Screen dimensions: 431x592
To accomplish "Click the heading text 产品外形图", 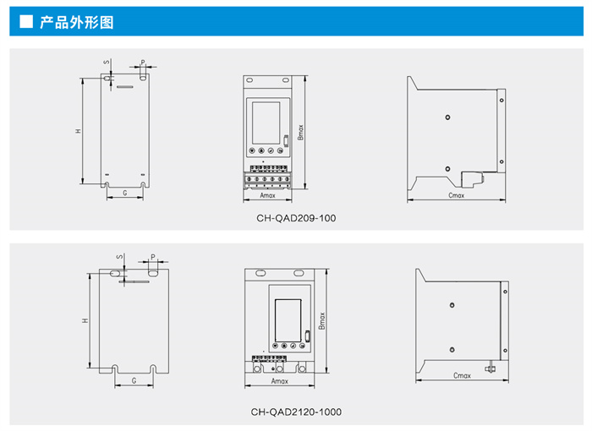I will coord(77,22).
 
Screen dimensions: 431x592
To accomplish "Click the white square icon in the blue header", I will coord(25,22).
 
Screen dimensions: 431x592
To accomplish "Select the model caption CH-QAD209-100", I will coord(296,218).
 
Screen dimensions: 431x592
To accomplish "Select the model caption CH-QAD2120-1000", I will coord(296,412).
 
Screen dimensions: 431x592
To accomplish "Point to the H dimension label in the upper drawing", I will coord(77,131).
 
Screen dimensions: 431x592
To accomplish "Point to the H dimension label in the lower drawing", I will coord(85,320).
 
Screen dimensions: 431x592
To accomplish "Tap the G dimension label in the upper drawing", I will coord(124,194).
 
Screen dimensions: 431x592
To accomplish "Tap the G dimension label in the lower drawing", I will coord(134,382).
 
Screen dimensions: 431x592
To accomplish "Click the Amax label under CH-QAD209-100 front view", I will coord(267,195).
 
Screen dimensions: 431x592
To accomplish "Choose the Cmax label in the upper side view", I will coord(456,195).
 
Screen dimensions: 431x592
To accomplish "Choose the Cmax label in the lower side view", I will coord(462,375).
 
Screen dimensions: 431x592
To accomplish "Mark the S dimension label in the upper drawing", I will coord(107,62).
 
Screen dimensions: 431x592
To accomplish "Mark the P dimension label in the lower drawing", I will coord(153,255).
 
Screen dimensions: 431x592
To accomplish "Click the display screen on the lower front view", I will coord(287,314).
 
